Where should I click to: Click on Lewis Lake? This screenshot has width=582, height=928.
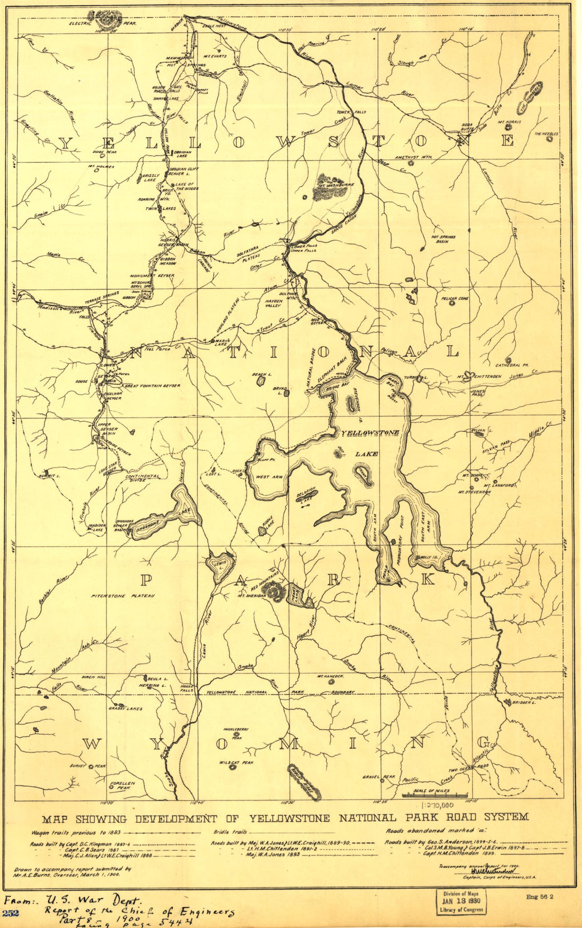click(220, 564)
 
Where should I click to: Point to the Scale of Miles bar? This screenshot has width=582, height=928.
click(435, 795)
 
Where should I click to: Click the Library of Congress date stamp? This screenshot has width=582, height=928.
click(460, 902)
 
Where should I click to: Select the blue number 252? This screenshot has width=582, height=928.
click(11, 913)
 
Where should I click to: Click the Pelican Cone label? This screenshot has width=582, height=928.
click(454, 299)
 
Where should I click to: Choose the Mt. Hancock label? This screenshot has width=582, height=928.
click(331, 677)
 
